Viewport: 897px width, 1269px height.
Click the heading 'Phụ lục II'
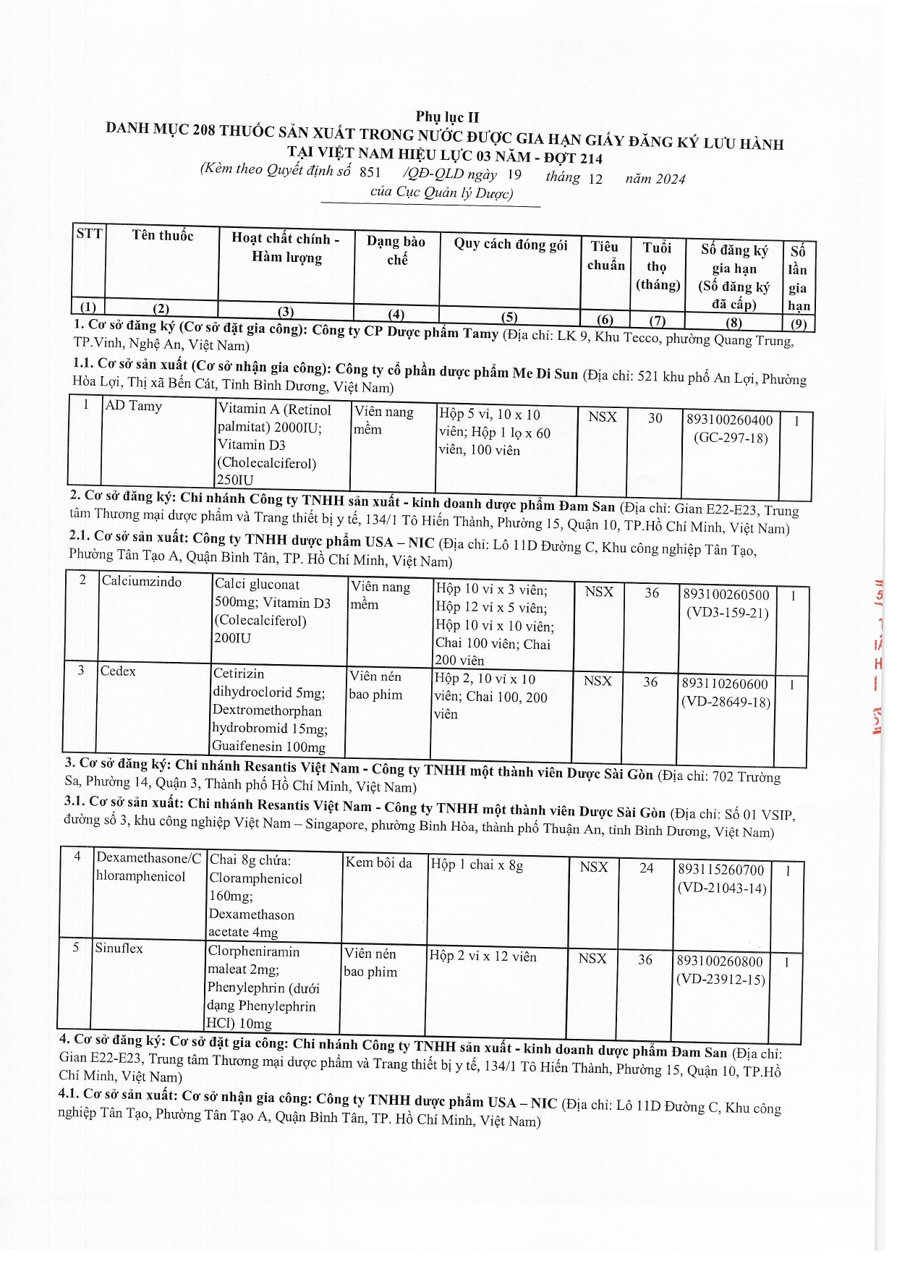447,116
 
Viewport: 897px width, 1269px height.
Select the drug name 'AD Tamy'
133,406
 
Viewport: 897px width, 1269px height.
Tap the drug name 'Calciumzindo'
142,582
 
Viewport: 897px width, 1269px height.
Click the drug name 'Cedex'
118,671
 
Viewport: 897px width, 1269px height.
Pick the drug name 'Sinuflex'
119,948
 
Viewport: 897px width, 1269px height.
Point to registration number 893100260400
728,420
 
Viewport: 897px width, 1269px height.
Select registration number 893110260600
725,684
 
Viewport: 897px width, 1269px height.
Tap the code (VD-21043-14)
721,888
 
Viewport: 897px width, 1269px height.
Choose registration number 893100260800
720,962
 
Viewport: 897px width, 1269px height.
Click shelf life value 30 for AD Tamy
655,417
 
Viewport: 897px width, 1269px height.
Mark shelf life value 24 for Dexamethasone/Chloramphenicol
646,867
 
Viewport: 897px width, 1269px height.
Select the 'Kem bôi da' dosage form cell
378,862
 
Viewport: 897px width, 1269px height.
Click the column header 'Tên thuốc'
163,235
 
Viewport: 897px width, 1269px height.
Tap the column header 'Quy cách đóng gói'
510,244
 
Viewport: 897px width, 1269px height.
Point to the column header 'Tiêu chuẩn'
605,255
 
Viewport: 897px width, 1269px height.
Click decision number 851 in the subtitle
369,172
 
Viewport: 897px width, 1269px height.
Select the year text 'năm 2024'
655,179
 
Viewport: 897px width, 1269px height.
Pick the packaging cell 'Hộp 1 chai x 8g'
476,865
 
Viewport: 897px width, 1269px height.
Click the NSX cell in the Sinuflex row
592,958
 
